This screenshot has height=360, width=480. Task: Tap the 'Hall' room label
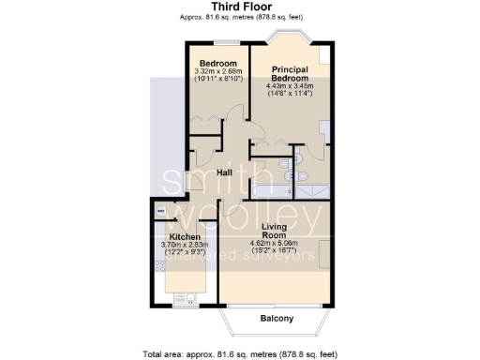point(225,173)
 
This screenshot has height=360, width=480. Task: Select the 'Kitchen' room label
point(184,237)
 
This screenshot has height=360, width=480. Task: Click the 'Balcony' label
point(276,319)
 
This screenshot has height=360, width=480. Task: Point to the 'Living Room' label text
point(269,232)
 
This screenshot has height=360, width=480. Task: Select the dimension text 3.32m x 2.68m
point(217,72)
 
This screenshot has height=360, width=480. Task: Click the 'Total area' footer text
point(239,353)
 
